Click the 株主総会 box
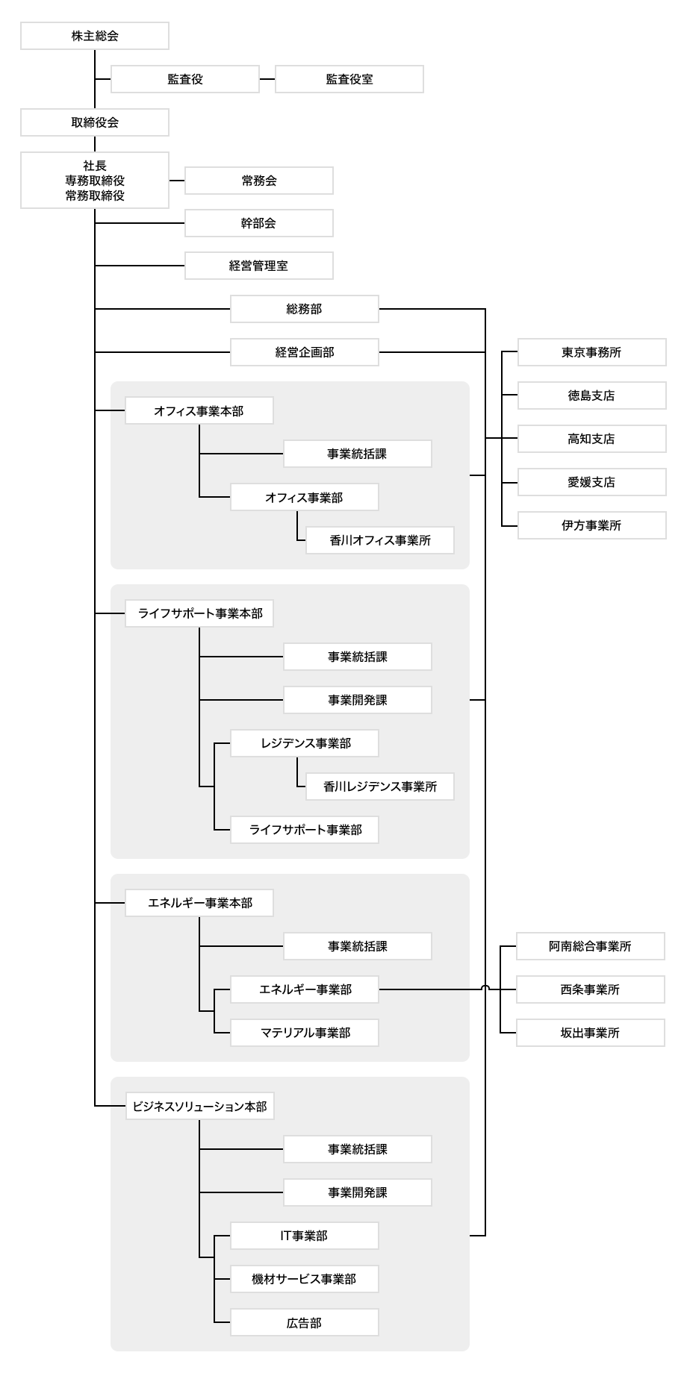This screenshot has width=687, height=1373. tap(95, 36)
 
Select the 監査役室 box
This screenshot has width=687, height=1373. tap(349, 79)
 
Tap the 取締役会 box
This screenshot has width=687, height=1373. tap(95, 122)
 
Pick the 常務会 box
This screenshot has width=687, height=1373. tap(258, 181)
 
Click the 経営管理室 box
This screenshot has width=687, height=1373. tap(258, 266)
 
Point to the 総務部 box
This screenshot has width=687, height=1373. tap(304, 309)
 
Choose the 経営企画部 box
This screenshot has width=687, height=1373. tap(304, 352)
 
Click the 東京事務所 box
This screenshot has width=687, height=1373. tap(591, 352)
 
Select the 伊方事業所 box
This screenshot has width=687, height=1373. tap(591, 525)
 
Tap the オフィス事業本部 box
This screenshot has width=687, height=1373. tap(199, 410)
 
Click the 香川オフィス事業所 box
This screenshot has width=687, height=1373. tap(379, 540)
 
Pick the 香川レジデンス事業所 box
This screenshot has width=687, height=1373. tap(379, 786)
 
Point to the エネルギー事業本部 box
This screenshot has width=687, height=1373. tap(199, 903)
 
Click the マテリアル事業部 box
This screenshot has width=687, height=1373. tap(304, 1033)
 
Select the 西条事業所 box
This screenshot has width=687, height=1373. tap(590, 989)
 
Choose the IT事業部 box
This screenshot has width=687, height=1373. tap(304, 1236)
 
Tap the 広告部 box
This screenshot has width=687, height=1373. tap(304, 1322)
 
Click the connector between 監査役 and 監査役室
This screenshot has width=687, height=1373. tap(267, 79)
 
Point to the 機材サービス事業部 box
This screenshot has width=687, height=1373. tap(304, 1279)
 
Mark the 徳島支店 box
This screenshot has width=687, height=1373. tap(591, 395)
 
